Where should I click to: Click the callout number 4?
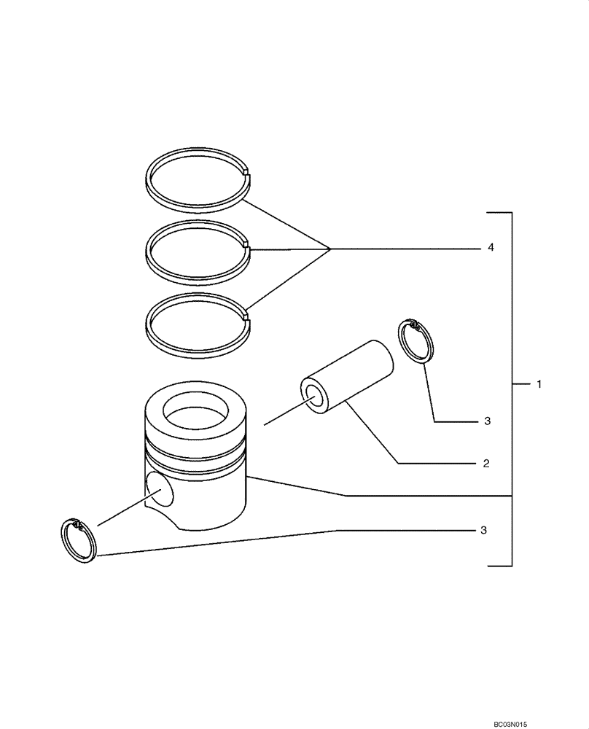pos(491,249)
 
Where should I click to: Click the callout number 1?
pos(539,383)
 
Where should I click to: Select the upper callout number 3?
pos(487,421)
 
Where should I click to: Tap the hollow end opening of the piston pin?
pos(317,396)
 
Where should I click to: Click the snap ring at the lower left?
pos(78,542)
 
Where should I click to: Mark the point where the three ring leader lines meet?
pos(330,249)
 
